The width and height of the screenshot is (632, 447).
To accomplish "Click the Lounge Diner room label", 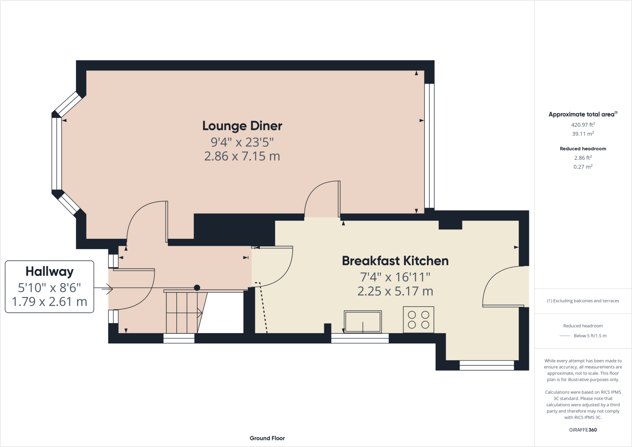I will (x=242, y=126).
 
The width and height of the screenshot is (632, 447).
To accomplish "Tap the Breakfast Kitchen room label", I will (x=395, y=261).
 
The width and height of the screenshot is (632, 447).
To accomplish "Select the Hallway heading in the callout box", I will (x=49, y=271).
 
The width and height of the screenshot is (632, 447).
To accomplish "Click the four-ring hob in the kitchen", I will (x=418, y=320).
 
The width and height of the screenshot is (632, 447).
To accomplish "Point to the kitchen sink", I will (x=363, y=322).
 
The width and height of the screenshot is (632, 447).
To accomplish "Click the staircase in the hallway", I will (x=184, y=312).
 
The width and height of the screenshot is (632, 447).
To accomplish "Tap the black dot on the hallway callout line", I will (x=197, y=288).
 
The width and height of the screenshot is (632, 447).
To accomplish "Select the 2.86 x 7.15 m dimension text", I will (x=242, y=156).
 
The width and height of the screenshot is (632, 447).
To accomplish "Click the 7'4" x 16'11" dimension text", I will (x=395, y=277).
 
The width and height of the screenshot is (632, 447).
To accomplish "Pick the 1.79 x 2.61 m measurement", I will (x=49, y=301).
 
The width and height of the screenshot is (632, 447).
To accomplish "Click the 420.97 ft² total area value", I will (x=583, y=125).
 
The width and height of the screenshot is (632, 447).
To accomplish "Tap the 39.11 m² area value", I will (x=583, y=134).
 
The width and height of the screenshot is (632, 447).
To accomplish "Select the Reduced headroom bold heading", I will (x=583, y=149).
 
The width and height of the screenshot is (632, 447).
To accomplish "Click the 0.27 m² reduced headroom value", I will (x=583, y=167).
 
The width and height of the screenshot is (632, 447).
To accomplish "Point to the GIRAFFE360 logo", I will (x=583, y=430).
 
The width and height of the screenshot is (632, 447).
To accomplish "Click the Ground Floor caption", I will (x=267, y=438).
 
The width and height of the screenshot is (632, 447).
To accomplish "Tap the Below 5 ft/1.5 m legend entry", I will (x=590, y=336).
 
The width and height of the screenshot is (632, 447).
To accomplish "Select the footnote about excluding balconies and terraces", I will (x=583, y=301).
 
